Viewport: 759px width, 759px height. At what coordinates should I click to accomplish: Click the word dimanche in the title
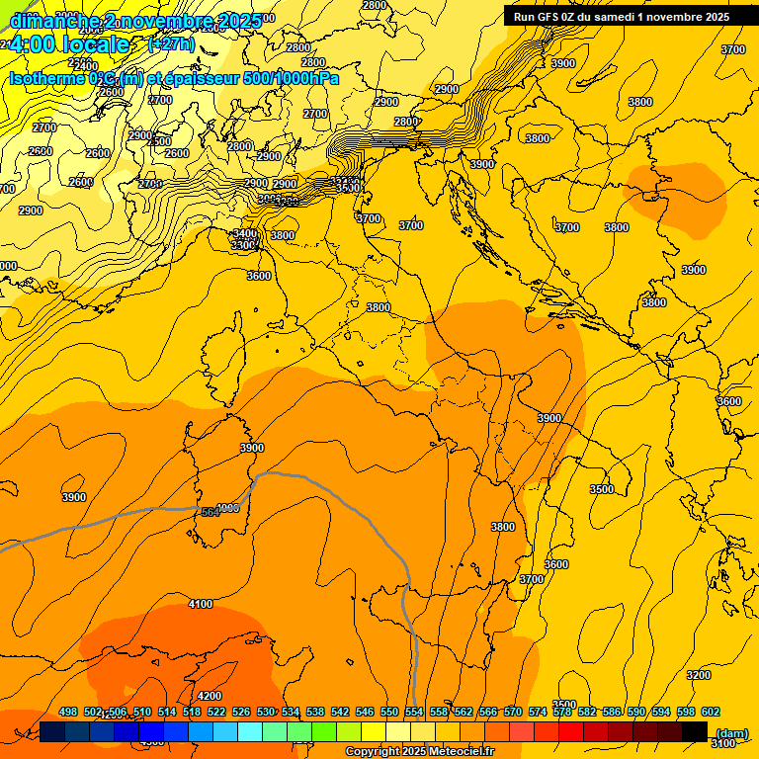54,20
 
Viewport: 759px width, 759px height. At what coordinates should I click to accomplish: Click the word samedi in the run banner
616,16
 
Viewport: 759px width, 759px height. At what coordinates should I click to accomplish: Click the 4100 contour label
201,604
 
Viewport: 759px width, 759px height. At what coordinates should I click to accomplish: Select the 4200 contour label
210,696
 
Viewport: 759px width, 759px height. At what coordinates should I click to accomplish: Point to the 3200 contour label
698,675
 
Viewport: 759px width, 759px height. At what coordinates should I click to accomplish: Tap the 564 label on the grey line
211,511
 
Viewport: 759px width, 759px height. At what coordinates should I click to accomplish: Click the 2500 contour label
159,141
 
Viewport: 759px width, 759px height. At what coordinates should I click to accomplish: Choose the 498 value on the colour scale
68,712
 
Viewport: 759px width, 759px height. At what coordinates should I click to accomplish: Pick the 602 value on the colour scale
710,712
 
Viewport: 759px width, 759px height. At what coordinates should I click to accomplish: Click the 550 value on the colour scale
388,712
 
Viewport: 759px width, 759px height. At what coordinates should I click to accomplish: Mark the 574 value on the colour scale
538,712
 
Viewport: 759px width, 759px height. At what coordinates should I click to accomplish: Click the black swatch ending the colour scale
695,731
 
